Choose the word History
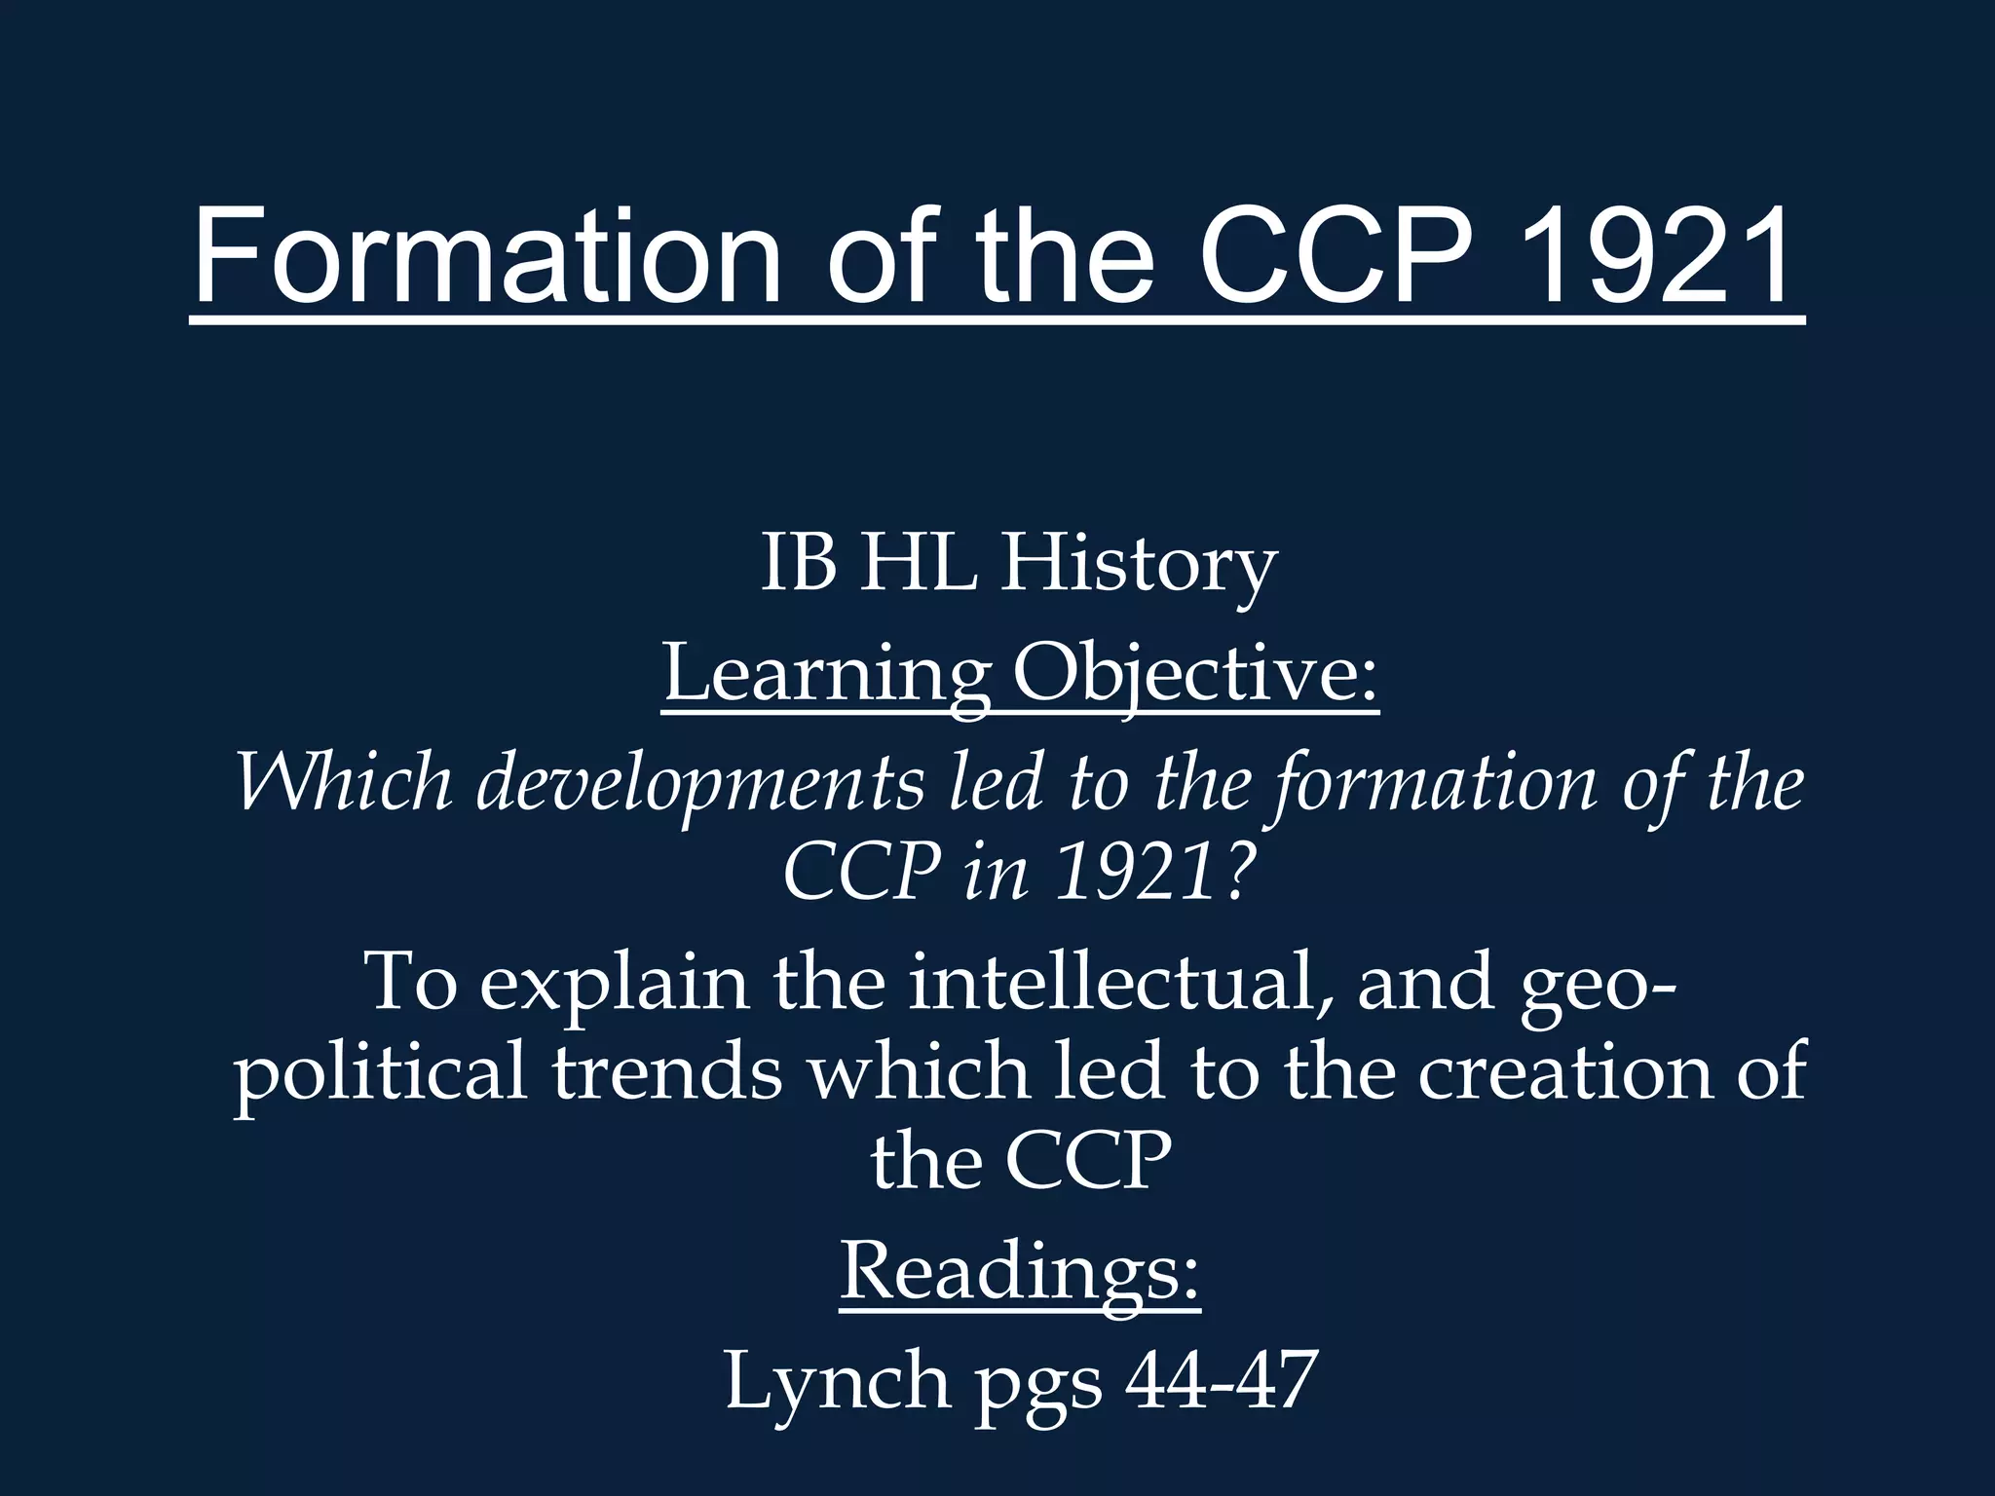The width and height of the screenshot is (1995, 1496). tap(1138, 566)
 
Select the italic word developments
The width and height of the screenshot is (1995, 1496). tap(699, 784)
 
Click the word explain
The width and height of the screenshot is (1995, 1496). tap(615, 984)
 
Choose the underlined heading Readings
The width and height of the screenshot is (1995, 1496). tap(1019, 1272)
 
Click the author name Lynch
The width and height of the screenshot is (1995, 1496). tap(837, 1381)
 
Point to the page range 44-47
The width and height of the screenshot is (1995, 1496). tap(1221, 1381)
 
